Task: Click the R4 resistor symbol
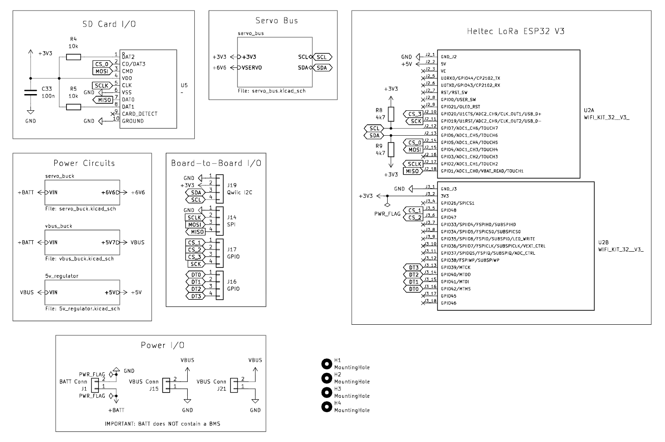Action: pos(73,56)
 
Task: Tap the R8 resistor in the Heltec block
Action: pos(391,114)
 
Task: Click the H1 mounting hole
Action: pos(326,364)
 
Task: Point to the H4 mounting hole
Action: pos(326,407)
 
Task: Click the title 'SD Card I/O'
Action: pos(109,24)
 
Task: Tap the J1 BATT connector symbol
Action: pos(95,385)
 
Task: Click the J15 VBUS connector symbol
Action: pos(166,385)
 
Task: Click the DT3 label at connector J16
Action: pos(196,296)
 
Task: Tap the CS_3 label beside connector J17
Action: pos(194,257)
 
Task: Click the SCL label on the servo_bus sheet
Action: pos(322,57)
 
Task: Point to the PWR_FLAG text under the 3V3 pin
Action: pos(387,214)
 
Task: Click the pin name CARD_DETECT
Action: pos(140,114)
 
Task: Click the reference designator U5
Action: pos(184,85)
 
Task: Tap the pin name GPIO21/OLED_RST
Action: pos(460,106)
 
